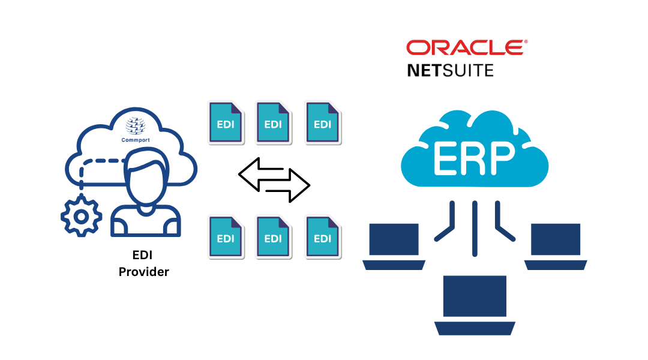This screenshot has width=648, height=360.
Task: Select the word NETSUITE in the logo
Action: (x=450, y=71)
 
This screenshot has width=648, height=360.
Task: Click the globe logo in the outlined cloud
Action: (x=135, y=125)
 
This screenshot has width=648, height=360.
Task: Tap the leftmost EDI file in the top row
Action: (x=226, y=122)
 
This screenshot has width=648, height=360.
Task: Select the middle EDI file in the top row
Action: (x=273, y=122)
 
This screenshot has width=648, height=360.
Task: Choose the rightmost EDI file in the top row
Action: (x=322, y=122)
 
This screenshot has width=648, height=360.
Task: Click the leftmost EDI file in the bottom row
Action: (x=226, y=236)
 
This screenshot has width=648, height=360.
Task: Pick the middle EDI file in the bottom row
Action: (x=273, y=236)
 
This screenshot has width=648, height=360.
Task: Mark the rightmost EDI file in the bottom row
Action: (x=322, y=236)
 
